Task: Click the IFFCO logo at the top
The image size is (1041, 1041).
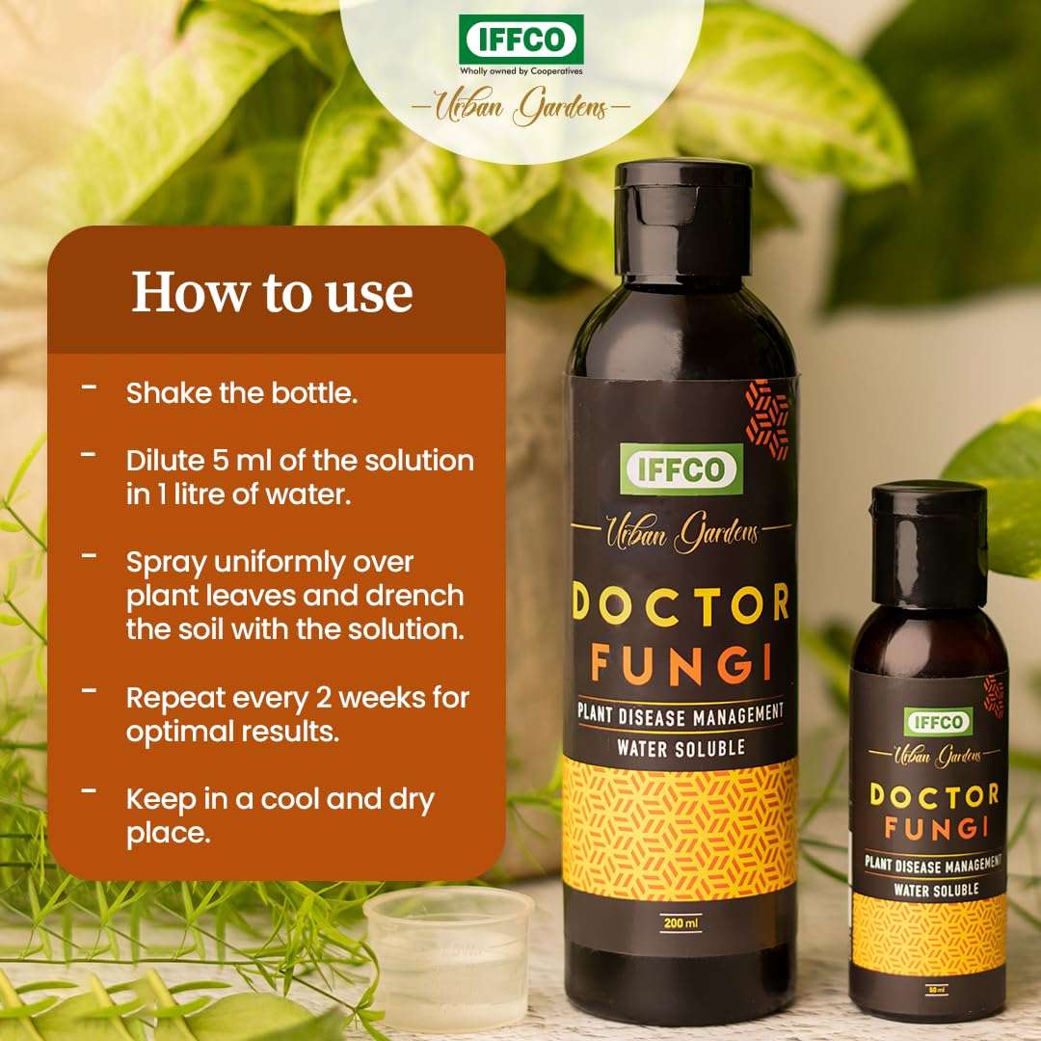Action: (521, 40)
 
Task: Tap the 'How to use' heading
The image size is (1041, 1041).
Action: (272, 292)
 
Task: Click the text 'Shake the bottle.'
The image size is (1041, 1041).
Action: (242, 393)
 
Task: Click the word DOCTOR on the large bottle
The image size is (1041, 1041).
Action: (681, 602)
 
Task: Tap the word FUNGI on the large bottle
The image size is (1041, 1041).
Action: (681, 665)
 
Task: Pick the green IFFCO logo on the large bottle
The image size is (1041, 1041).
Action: (681, 468)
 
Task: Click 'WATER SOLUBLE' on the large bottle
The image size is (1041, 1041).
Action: (681, 746)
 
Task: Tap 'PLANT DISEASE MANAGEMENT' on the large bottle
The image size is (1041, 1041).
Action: (681, 715)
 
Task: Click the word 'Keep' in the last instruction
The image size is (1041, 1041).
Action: (160, 799)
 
